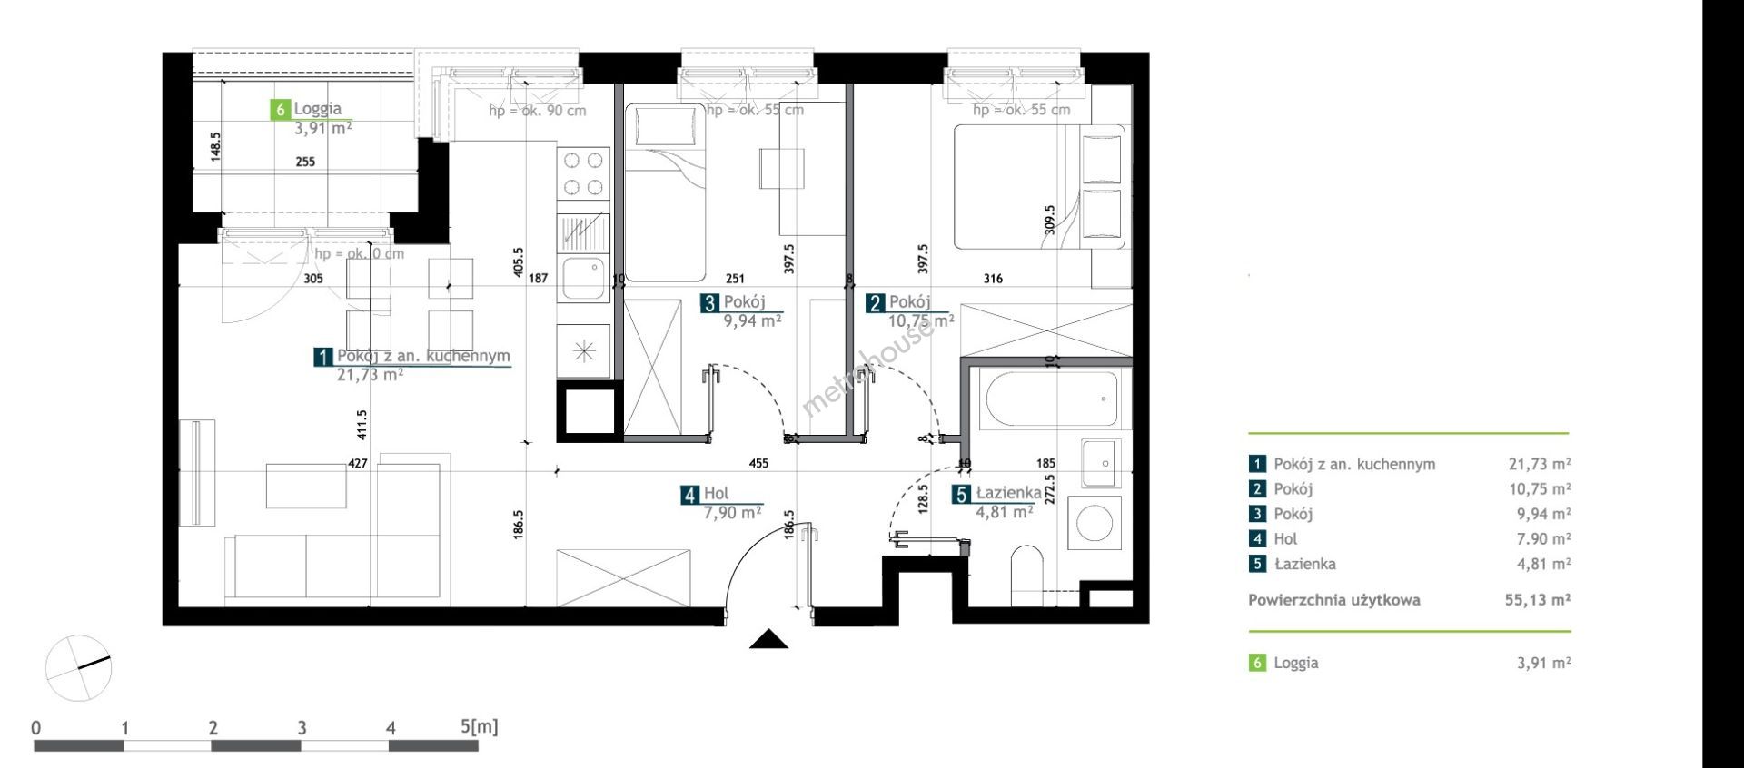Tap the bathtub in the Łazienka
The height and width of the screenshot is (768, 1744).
pyautogui.click(x=1048, y=399)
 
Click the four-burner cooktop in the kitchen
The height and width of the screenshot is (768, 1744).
pyautogui.click(x=583, y=174)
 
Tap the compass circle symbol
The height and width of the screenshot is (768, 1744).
pyautogui.click(x=78, y=668)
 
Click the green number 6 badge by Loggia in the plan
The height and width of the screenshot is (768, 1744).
pyautogui.click(x=281, y=110)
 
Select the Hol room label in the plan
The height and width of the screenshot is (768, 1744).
pyautogui.click(x=717, y=494)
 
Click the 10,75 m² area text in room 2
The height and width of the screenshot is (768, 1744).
pyautogui.click(x=920, y=320)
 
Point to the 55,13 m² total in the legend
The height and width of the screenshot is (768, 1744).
pyautogui.click(x=1538, y=599)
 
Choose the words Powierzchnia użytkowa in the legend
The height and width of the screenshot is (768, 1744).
pyautogui.click(x=1333, y=600)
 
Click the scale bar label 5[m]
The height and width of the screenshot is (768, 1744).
pyautogui.click(x=480, y=726)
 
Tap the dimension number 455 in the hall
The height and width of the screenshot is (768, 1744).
pyautogui.click(x=758, y=463)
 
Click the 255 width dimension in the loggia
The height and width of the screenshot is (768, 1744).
pyautogui.click(x=305, y=162)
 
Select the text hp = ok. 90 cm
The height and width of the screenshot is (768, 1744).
pyautogui.click(x=537, y=111)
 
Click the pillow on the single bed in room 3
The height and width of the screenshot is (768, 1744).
pyautogui.click(x=667, y=126)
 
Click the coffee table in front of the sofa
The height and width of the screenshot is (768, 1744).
pyautogui.click(x=307, y=486)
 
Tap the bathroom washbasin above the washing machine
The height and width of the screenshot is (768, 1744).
pyautogui.click(x=1101, y=463)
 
